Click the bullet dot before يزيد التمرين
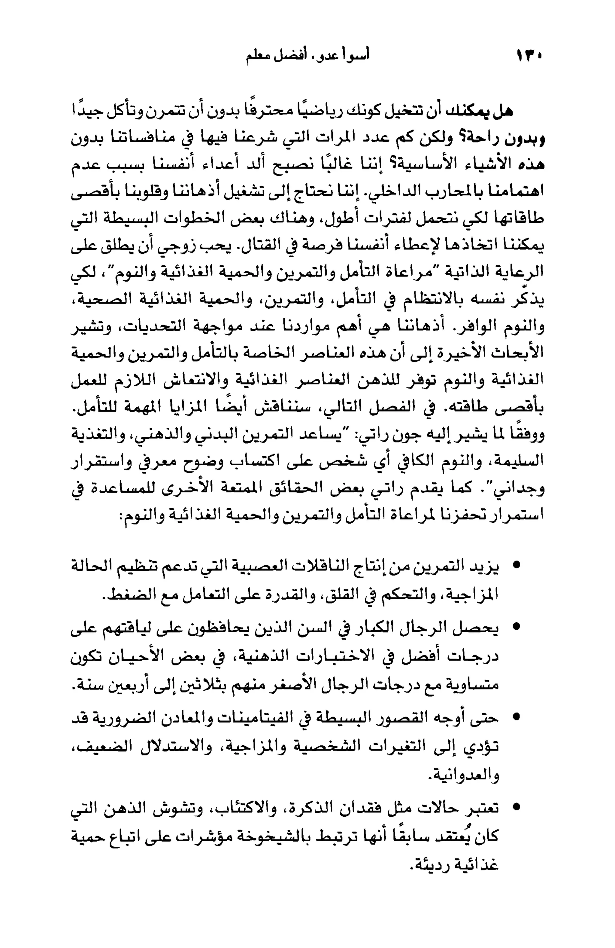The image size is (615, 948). point(517,565)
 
